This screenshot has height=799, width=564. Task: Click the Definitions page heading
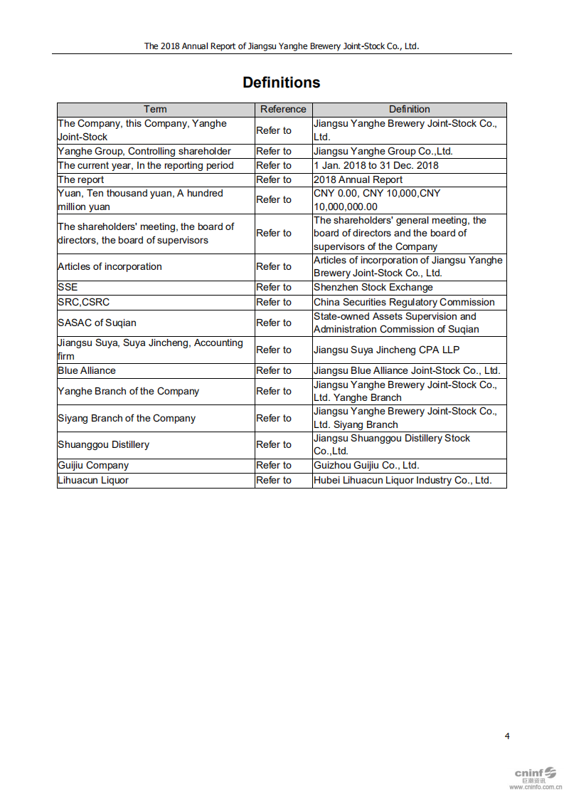point(281,83)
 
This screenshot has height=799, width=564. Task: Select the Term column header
point(155,109)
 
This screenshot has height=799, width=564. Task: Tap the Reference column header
point(283,109)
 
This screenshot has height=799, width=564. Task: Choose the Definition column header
point(409,109)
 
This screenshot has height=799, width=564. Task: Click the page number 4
point(507,736)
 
